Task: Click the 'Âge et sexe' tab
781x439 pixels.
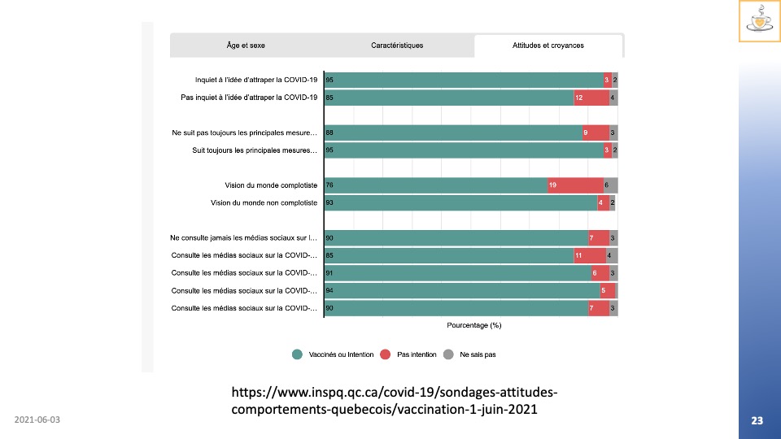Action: (x=246, y=46)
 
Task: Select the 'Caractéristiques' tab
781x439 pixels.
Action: (x=397, y=46)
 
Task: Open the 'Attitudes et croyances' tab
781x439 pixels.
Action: (x=548, y=46)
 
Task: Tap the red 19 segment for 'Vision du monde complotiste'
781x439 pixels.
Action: (x=576, y=185)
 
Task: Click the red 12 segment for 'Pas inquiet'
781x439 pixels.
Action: (x=591, y=98)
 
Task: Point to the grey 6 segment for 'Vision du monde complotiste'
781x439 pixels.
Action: (x=611, y=185)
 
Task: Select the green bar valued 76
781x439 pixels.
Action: (x=436, y=185)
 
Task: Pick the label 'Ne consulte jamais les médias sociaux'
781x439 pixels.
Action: (x=243, y=238)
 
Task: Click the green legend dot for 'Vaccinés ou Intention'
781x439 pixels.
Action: (x=298, y=354)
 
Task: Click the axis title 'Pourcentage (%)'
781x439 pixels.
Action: (x=473, y=325)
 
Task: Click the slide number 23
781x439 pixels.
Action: (x=757, y=420)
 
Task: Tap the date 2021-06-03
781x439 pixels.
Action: (x=37, y=420)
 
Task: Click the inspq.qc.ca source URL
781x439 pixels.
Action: (x=395, y=400)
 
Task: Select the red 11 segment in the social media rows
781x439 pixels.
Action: (x=590, y=255)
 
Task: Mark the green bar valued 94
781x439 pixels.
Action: (x=461, y=290)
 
